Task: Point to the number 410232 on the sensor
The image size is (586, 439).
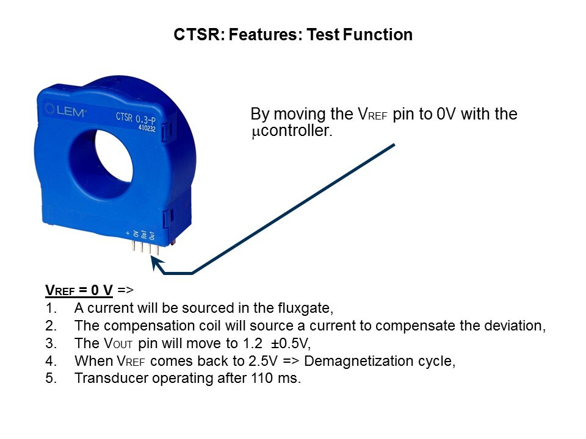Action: click(x=146, y=127)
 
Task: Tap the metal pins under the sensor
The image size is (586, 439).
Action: click(x=145, y=248)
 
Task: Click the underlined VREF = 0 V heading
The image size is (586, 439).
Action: click(x=79, y=290)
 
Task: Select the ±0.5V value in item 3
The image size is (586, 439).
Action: click(x=291, y=343)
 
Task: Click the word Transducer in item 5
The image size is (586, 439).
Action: click(x=111, y=378)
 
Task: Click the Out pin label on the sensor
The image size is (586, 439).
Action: click(x=152, y=235)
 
